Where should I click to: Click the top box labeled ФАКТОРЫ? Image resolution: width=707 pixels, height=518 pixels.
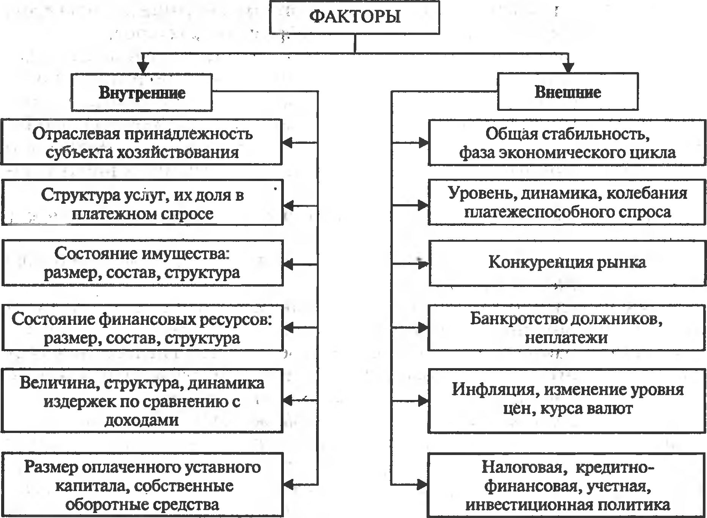[354, 17]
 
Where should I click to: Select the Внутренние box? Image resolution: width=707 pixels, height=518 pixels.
[142, 93]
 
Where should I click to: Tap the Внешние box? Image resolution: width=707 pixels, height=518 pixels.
[568, 92]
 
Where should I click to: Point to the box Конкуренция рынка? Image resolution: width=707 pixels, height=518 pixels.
[567, 263]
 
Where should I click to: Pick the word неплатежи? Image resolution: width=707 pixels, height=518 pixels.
[566, 338]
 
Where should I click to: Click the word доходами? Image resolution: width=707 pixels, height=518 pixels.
[142, 420]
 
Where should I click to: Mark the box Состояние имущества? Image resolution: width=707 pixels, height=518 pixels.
[142, 263]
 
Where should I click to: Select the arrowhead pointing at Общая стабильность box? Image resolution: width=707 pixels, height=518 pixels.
[423, 143]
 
